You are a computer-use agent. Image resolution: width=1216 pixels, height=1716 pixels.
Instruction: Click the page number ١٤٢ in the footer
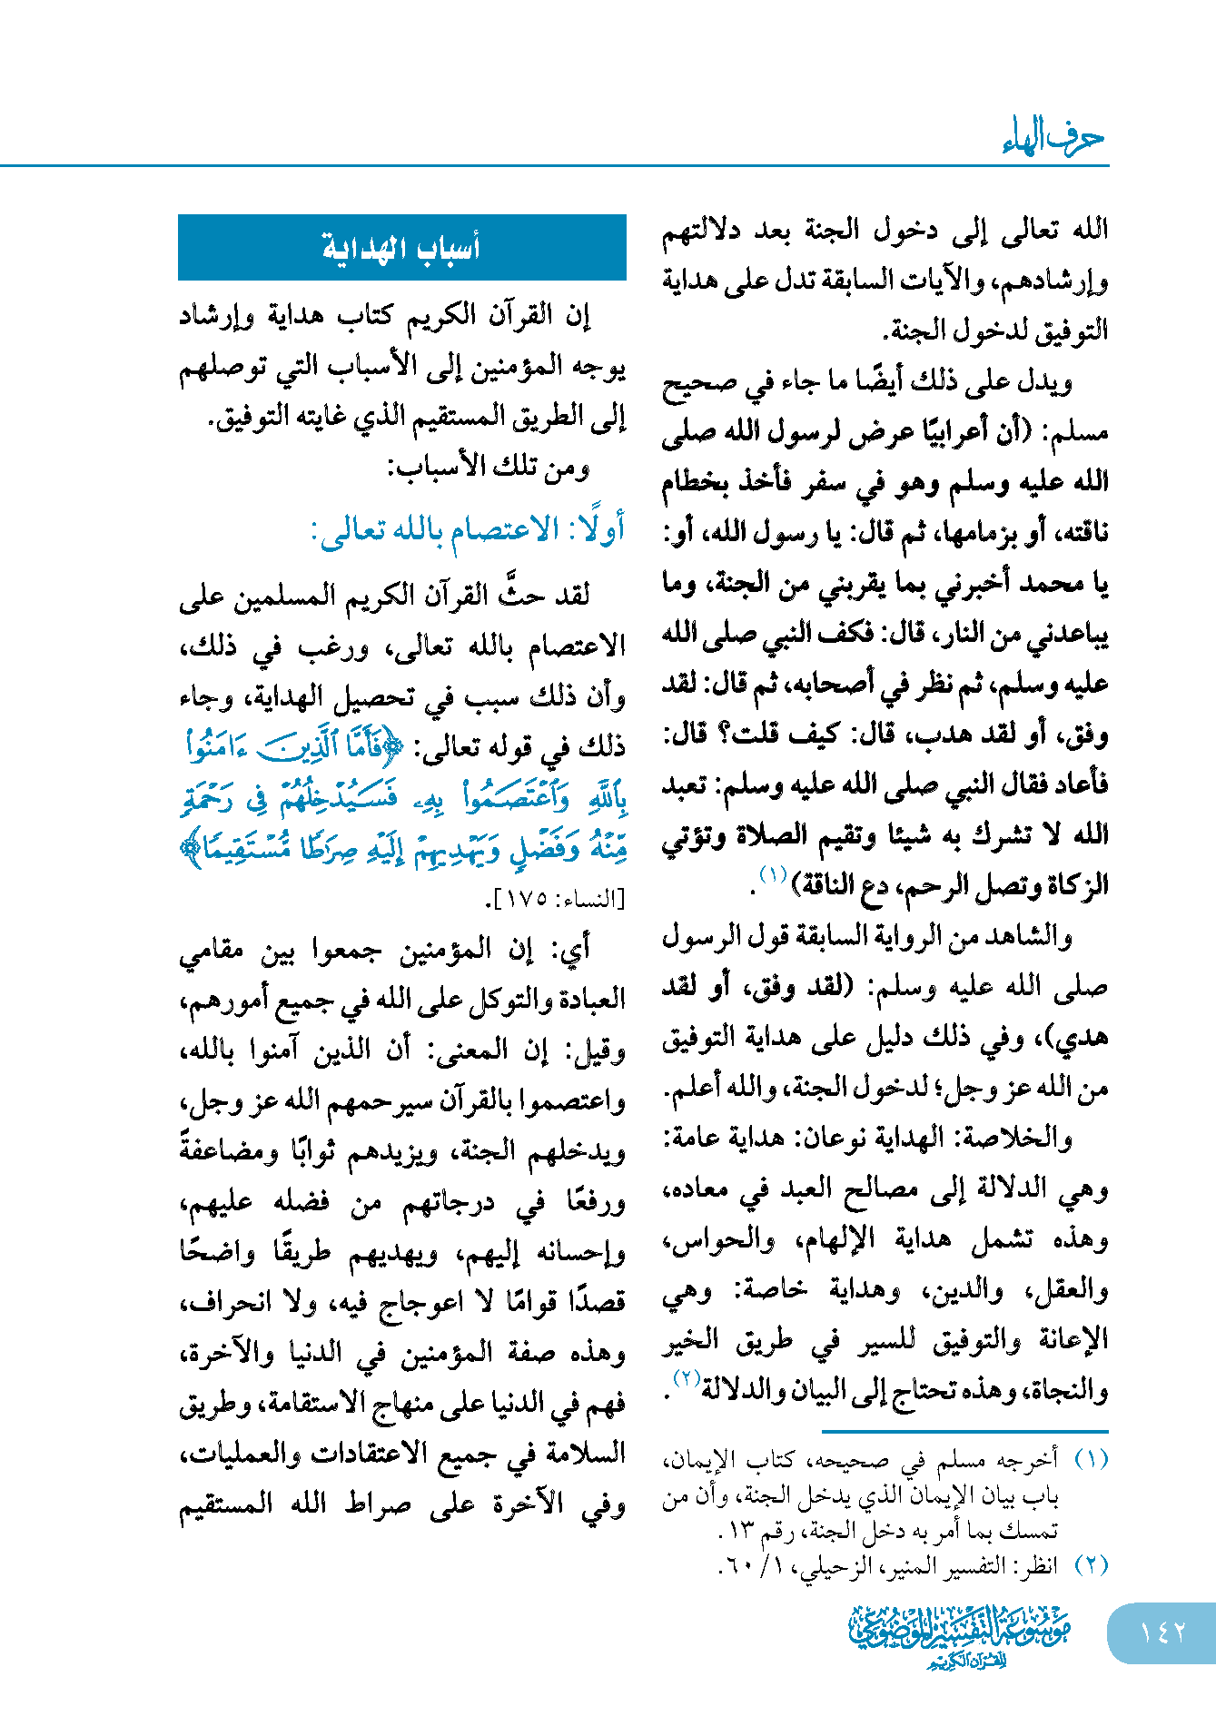tap(1162, 1632)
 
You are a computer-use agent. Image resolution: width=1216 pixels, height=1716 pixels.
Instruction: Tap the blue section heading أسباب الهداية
tap(401, 247)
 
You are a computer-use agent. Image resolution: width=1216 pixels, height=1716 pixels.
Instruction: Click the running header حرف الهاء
tap(1053, 137)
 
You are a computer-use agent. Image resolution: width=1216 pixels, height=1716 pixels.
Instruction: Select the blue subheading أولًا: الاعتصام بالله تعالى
tap(468, 528)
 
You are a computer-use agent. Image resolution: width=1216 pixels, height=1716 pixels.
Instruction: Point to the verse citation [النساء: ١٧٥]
tap(557, 900)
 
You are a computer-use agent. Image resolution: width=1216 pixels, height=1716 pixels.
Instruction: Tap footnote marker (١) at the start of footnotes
tap(1091, 1460)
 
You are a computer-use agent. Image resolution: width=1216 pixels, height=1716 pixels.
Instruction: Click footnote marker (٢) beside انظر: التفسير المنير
tap(1091, 1564)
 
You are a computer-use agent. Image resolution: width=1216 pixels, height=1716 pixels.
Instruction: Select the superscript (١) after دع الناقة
tap(772, 875)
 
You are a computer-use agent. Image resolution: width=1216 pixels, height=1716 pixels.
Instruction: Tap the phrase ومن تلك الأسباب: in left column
tap(489, 468)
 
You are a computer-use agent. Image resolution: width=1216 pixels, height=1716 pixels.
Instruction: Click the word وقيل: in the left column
tap(596, 1051)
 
